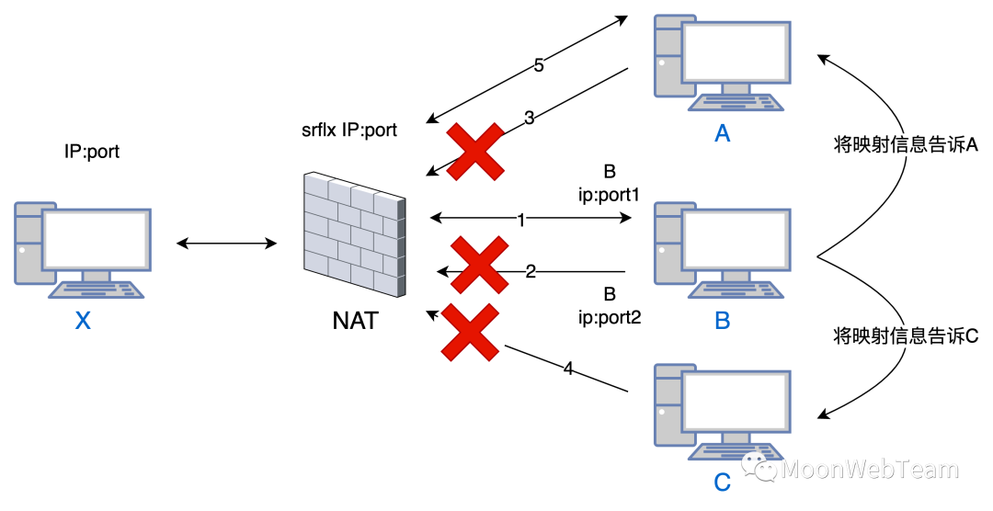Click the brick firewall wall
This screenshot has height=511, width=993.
(355, 233)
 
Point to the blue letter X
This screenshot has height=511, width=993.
(83, 321)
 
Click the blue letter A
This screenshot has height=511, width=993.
(723, 134)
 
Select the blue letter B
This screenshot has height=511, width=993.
(723, 321)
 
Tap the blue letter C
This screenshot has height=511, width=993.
(723, 482)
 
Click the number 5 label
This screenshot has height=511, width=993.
(539, 65)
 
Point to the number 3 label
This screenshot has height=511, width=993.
(530, 118)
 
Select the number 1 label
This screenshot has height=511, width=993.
(521, 221)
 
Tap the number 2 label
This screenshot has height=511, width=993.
(531, 272)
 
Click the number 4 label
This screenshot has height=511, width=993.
(568, 369)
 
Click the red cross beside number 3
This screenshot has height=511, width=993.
(475, 152)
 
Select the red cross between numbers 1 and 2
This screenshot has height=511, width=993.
(479, 265)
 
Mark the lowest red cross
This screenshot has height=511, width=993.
(470, 332)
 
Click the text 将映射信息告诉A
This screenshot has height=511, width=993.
(906, 145)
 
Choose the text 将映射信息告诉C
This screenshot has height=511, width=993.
(906, 336)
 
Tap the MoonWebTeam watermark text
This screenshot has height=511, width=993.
(869, 470)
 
